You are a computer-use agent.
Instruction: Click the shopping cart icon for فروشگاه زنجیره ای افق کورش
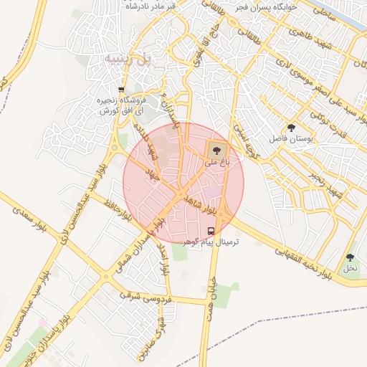click(x=122, y=90)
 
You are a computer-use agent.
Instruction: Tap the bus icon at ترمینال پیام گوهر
click(x=211, y=231)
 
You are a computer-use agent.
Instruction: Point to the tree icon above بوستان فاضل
click(x=290, y=126)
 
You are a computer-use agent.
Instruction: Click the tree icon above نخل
click(x=350, y=257)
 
